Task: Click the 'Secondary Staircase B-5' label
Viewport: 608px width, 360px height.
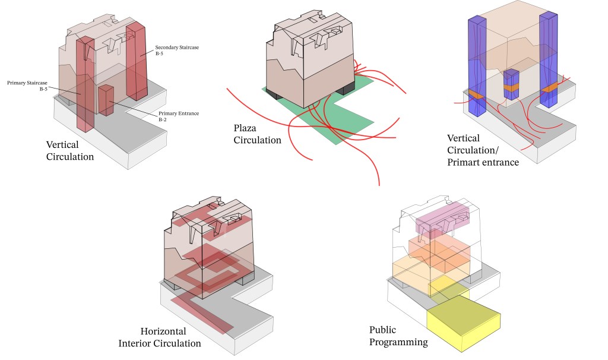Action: [172, 50]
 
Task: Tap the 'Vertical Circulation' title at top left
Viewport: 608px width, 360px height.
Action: [69, 150]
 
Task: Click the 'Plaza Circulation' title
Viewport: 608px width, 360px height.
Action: [256, 134]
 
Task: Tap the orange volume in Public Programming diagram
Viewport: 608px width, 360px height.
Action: [439, 250]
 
